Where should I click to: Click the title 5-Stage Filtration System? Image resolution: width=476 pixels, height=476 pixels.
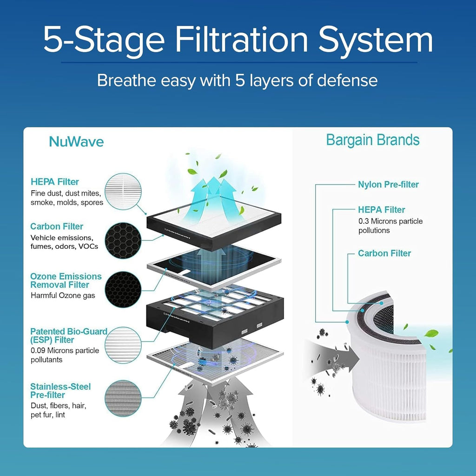238,40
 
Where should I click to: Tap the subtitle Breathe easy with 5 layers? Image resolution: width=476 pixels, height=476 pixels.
237,80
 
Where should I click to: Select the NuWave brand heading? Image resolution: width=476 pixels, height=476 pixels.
76,142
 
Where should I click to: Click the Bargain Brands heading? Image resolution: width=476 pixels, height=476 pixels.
372,139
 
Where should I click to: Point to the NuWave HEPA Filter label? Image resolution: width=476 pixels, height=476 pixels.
55,182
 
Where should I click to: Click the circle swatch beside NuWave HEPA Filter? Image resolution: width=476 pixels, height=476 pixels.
123,190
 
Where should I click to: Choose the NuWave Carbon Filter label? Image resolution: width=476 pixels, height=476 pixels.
57,226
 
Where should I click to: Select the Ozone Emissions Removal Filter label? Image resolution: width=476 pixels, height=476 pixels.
66,280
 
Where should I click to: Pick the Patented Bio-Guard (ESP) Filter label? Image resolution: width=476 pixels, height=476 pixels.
68,336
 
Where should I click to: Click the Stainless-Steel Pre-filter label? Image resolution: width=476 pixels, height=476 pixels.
60,390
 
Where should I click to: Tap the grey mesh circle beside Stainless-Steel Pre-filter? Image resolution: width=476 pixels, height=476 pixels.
123,398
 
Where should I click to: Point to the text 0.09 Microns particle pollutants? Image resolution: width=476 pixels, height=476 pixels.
65,355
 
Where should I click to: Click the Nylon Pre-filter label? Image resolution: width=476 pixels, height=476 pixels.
388,185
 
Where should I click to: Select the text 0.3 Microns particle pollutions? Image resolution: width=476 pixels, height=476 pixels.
390,226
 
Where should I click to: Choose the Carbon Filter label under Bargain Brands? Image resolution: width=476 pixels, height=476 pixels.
384,253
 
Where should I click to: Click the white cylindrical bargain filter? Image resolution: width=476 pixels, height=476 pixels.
390,372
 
